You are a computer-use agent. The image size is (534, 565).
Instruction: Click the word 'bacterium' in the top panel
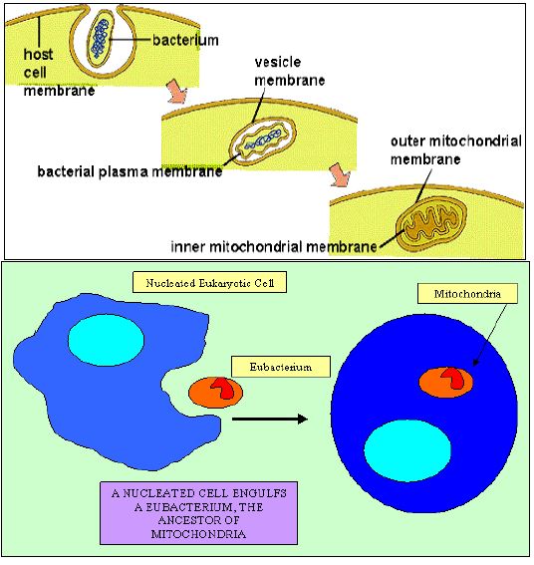click(x=185, y=40)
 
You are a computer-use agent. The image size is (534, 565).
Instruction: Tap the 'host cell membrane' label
click(x=59, y=72)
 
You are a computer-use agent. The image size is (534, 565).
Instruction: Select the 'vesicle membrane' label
click(x=290, y=72)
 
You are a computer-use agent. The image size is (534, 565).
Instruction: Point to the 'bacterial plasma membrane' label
click(x=130, y=171)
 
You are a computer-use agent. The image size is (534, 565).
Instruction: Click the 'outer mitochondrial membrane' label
click(x=456, y=149)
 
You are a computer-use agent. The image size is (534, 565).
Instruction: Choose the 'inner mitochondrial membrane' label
click(x=274, y=247)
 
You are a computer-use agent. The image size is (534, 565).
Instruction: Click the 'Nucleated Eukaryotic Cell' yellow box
click(x=209, y=283)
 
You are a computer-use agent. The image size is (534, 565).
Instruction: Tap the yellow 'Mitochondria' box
click(x=467, y=294)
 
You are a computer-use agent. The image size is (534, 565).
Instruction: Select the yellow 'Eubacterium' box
click(x=281, y=367)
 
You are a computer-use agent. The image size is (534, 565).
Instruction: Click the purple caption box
click(x=198, y=513)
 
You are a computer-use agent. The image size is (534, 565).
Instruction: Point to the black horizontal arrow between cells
click(x=270, y=419)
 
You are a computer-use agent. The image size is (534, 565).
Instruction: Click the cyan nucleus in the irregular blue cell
click(x=107, y=340)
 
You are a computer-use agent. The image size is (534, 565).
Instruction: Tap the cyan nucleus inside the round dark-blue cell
click(x=407, y=450)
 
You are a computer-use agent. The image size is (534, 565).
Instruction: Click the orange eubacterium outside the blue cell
click(x=215, y=393)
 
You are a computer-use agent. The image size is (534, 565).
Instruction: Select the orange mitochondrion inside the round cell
click(x=446, y=383)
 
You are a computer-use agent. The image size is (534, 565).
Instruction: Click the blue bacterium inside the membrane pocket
click(x=100, y=38)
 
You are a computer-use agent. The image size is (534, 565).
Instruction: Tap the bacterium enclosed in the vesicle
click(x=263, y=140)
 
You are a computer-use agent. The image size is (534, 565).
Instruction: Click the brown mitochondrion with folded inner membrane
click(x=431, y=224)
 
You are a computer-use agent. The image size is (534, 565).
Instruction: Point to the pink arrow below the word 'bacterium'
click(x=177, y=92)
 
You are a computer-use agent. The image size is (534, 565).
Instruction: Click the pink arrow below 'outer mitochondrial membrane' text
click(x=340, y=174)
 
